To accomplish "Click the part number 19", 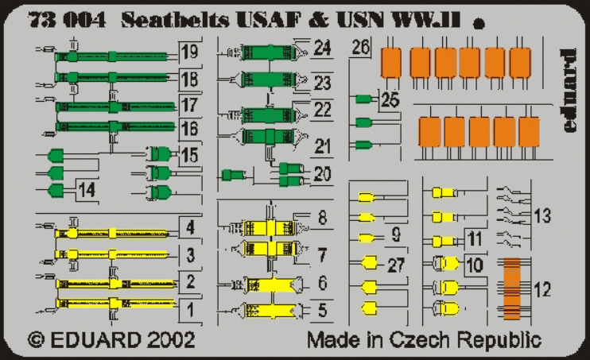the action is click(x=189, y=52).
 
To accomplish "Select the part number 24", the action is click(x=322, y=48).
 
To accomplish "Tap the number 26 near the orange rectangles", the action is click(x=361, y=47).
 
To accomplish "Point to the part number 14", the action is click(x=87, y=190).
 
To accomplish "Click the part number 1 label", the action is click(x=191, y=310).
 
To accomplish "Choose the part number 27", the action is click(x=396, y=265).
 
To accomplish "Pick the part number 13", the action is click(x=542, y=216).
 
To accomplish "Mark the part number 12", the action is click(x=542, y=289).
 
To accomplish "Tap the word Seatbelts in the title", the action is click(x=176, y=21).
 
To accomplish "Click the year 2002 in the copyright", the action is click(x=171, y=339).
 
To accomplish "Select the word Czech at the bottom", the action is click(x=419, y=339).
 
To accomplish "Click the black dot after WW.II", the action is click(x=479, y=25).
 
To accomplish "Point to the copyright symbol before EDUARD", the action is click(x=37, y=340).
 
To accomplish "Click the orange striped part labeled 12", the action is click(x=512, y=288).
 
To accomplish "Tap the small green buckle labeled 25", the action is click(x=364, y=99).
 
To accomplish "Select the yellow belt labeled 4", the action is click(x=111, y=234).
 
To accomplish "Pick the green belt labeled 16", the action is click(x=115, y=126).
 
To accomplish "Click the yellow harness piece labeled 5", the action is click(x=270, y=311).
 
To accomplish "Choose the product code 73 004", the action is click(x=67, y=21).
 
